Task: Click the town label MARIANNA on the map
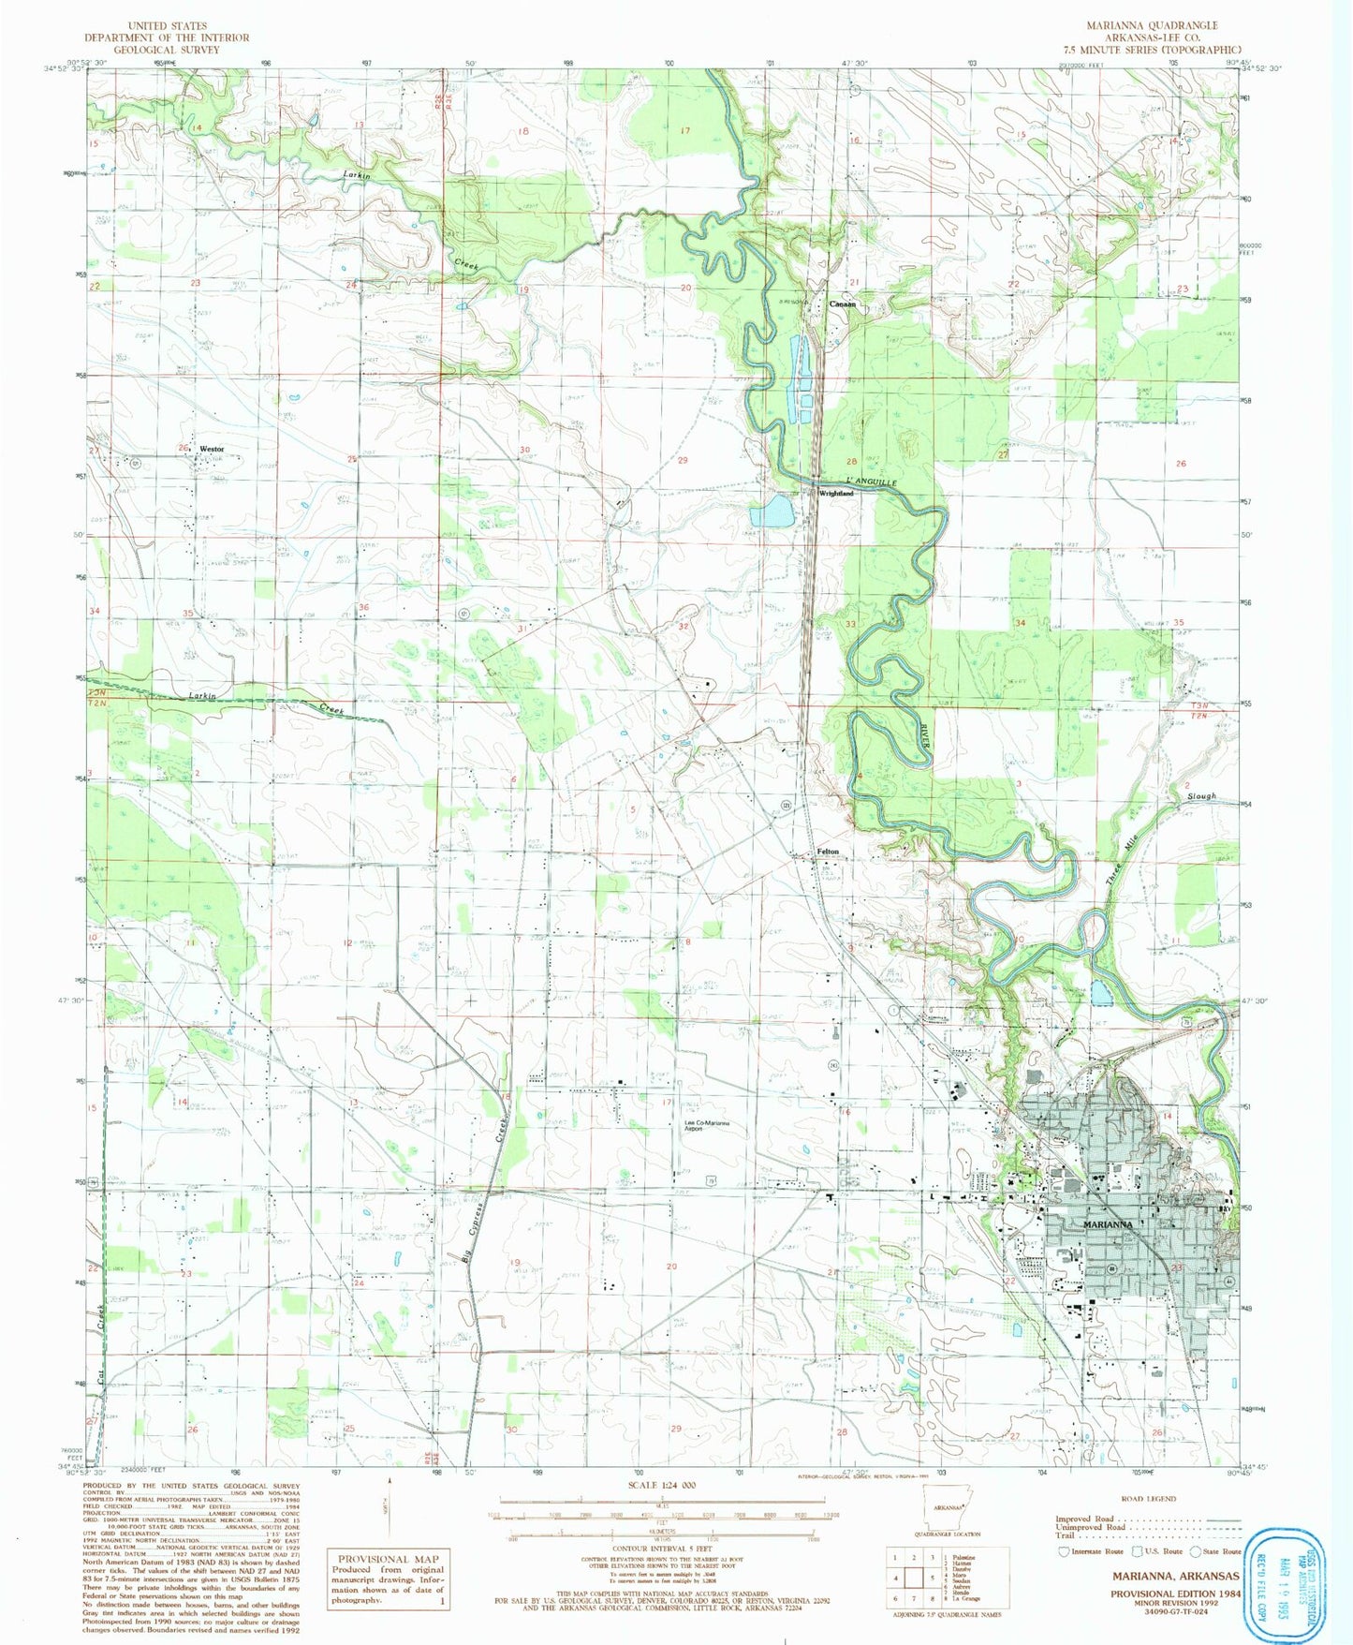[x=1108, y=1224]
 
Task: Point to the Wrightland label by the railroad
[x=836, y=493]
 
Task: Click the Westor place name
[x=212, y=449]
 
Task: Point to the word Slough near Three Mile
[x=1201, y=796]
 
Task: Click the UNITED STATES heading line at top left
[x=167, y=26]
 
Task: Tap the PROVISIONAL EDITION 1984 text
[x=1175, y=1593]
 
